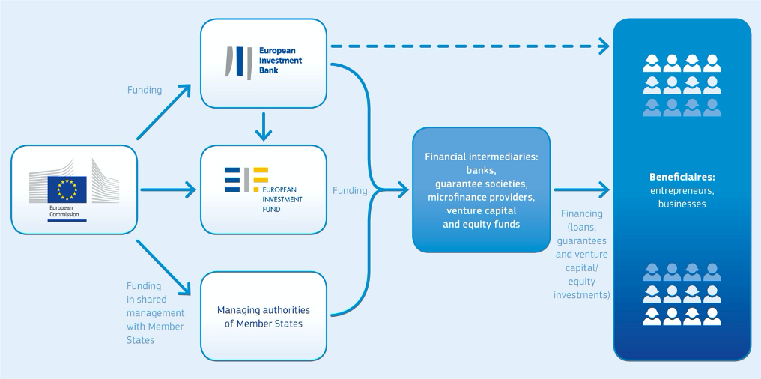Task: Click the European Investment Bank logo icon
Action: tap(239, 63)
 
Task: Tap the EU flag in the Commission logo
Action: tap(67, 189)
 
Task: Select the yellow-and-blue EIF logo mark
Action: tap(246, 180)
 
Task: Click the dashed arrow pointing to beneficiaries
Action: tap(470, 46)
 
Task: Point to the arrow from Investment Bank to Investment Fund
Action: tap(264, 126)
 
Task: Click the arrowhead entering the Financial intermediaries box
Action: tap(402, 190)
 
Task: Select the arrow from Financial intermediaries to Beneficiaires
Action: tap(581, 189)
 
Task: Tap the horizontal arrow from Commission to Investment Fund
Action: tap(168, 189)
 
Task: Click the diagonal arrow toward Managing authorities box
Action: tap(163, 267)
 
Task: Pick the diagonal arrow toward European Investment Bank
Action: tap(163, 112)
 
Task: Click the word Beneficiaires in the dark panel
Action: tap(682, 177)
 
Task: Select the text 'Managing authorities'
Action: tap(264, 310)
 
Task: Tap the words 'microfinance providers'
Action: tap(481, 198)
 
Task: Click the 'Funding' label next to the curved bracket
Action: tap(350, 191)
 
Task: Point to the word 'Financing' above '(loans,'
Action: tap(581, 213)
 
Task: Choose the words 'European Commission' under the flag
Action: tap(64, 211)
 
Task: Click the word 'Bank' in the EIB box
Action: tap(269, 70)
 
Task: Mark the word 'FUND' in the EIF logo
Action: tap(272, 210)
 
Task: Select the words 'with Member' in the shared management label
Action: tap(155, 327)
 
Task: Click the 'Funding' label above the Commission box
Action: tap(145, 91)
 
